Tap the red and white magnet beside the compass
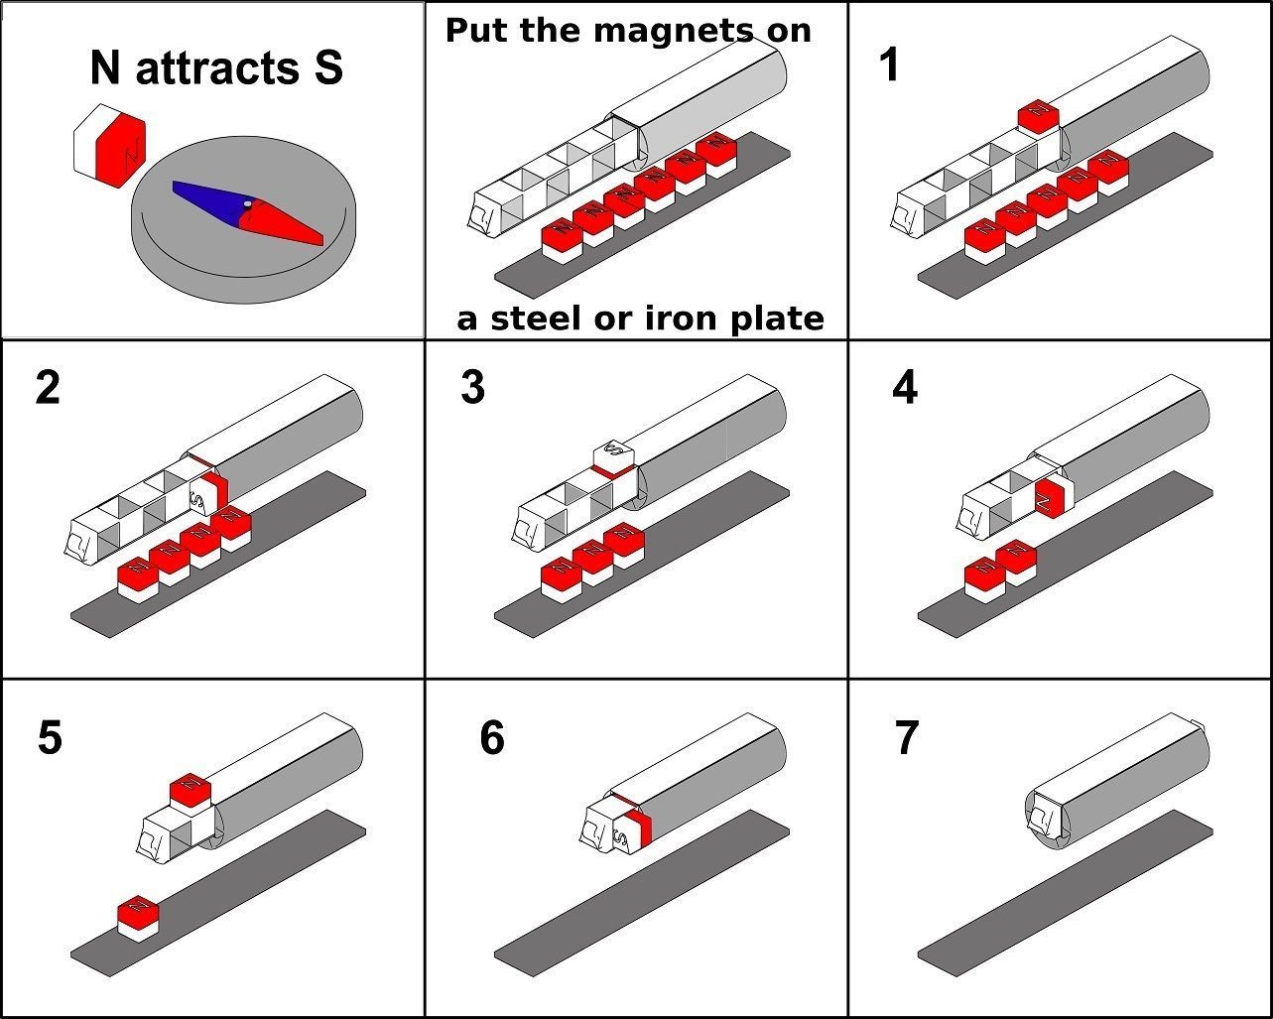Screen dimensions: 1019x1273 point(109,151)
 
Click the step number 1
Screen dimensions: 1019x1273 point(890,65)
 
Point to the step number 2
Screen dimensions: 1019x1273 point(47,387)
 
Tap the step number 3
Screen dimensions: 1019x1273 point(472,387)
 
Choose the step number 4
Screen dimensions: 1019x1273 point(904,387)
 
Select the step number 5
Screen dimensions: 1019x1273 point(50,738)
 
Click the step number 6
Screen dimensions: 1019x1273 point(491,738)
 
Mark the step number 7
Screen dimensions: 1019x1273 point(906,738)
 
